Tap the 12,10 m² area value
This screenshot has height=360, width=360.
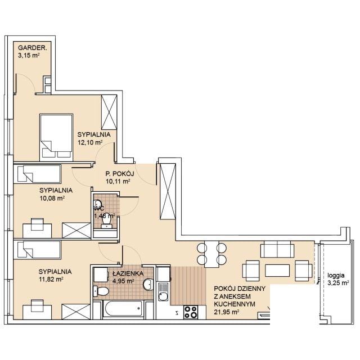(90, 142)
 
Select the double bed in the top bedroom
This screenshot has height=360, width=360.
(56, 137)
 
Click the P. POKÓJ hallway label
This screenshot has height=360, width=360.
(120, 174)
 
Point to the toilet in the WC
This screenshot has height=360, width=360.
(107, 222)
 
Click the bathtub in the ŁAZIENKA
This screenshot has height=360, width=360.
(123, 309)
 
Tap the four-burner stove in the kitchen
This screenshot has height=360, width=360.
(191, 312)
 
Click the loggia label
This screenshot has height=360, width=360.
(336, 276)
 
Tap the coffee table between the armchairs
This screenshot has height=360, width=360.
(277, 271)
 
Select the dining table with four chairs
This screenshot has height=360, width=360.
(211, 254)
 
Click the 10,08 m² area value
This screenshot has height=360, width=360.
(52, 199)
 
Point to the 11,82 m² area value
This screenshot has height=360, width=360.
(51, 280)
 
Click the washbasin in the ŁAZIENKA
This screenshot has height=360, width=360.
(148, 285)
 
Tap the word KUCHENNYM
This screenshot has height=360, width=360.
(235, 304)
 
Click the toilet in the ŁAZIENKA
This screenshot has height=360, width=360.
(101, 291)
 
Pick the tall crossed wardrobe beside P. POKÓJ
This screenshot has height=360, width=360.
(168, 191)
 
